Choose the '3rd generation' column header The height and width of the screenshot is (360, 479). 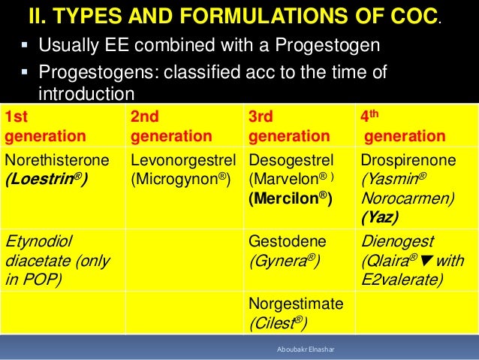(278, 126)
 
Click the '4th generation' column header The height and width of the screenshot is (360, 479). (404, 126)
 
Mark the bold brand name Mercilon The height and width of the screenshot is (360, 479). (288, 199)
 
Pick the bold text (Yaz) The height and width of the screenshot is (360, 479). (380, 218)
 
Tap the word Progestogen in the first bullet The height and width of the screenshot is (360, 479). (323, 47)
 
